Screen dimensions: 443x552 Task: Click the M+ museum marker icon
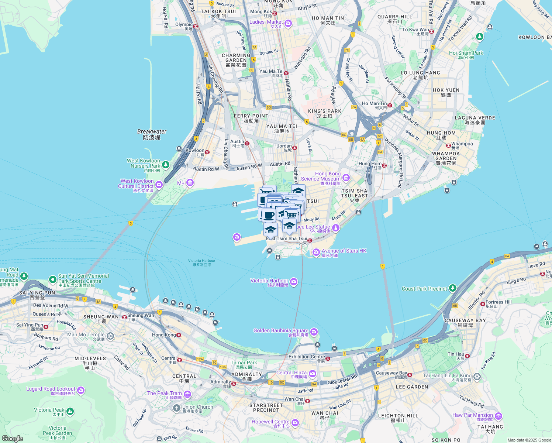point(190,183)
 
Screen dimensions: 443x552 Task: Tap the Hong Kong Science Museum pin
point(346,178)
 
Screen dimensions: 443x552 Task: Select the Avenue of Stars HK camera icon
point(316,253)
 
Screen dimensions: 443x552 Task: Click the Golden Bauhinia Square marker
point(314,332)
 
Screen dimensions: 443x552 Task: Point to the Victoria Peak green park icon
point(70,411)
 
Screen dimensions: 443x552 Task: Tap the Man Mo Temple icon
point(110,336)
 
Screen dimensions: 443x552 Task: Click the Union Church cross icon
point(177,408)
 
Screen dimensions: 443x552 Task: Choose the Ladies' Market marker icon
point(288,24)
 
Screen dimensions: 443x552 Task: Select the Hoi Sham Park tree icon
point(479,37)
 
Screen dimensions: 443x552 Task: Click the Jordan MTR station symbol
point(295,148)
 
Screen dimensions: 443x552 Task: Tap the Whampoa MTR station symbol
point(449,145)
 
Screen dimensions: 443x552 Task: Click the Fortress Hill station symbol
point(483,304)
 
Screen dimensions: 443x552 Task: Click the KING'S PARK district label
point(325,111)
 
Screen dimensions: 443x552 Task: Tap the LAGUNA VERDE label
point(475,118)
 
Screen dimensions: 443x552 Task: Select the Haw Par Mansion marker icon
point(498,416)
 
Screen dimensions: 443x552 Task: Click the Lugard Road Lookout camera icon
point(81,390)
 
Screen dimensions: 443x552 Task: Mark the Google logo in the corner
point(12,438)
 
